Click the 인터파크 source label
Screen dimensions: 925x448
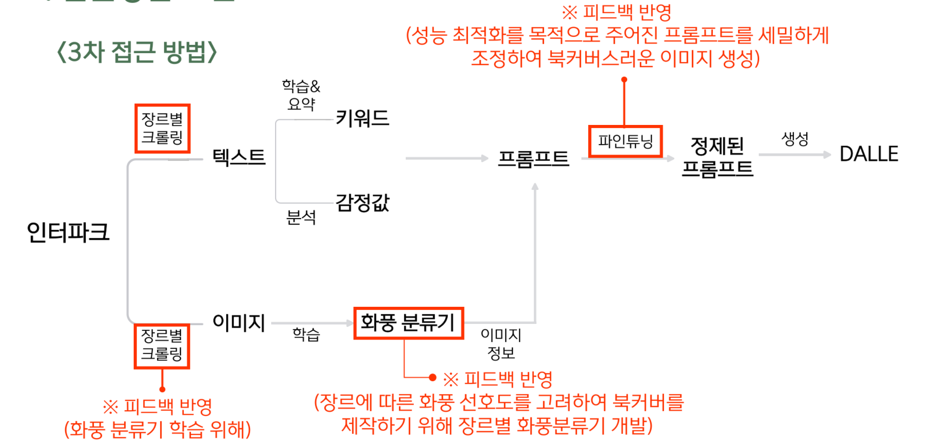(x=68, y=232)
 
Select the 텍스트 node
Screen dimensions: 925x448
(x=239, y=157)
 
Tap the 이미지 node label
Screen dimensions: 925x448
(x=239, y=323)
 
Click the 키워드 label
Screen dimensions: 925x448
(x=362, y=118)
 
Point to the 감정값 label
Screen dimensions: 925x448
(x=362, y=202)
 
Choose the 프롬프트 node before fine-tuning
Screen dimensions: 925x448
(x=533, y=159)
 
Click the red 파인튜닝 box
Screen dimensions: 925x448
(x=626, y=141)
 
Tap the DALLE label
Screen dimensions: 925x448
(x=869, y=154)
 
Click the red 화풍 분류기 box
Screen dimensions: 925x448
(x=408, y=323)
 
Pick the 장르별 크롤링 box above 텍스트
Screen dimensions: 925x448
(x=162, y=128)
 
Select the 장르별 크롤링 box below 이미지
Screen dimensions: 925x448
(x=162, y=346)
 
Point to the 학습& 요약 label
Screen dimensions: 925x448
(x=301, y=95)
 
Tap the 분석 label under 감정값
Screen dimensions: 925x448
(x=301, y=217)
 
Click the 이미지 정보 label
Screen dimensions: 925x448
(x=501, y=344)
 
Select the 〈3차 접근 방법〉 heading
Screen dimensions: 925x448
(x=137, y=52)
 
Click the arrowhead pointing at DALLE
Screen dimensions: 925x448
(x=827, y=154)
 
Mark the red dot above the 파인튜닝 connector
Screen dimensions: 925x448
(x=624, y=80)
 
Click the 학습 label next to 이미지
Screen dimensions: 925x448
(x=306, y=334)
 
